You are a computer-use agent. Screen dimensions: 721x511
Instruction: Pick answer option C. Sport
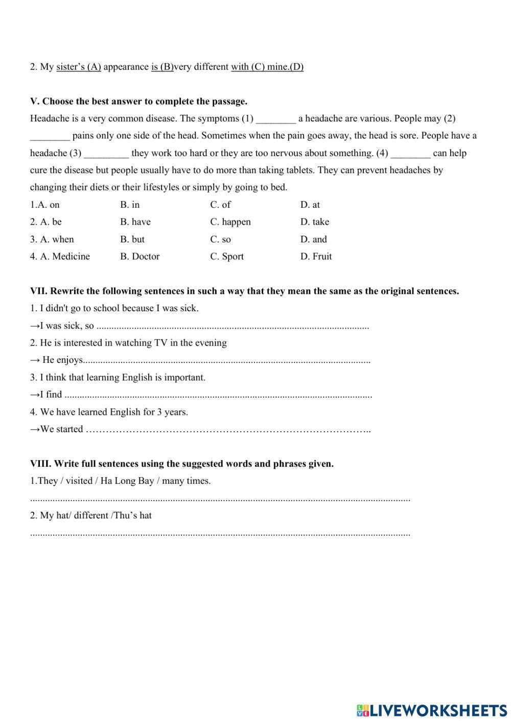click(x=227, y=256)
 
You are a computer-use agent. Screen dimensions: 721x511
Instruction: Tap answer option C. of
click(x=220, y=205)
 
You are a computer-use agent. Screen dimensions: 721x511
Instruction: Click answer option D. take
click(x=315, y=222)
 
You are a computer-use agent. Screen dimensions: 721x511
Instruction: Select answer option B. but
click(x=132, y=239)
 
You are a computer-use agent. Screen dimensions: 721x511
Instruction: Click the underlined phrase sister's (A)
click(x=79, y=67)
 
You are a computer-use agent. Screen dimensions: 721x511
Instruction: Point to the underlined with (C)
click(x=248, y=67)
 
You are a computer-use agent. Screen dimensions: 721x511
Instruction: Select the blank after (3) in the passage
click(x=106, y=154)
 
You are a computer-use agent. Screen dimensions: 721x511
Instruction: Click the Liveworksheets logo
click(x=432, y=710)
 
